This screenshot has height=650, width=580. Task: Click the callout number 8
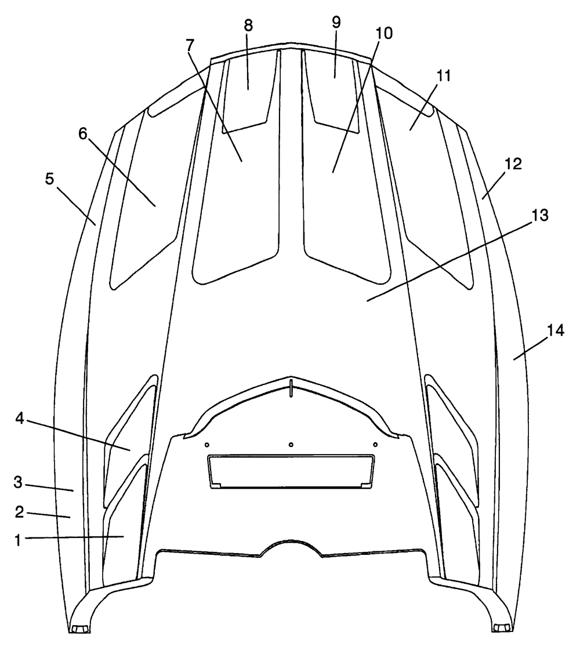(x=248, y=26)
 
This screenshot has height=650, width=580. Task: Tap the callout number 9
(x=336, y=23)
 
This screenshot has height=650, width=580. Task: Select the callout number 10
(x=384, y=33)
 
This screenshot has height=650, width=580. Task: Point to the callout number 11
(x=443, y=76)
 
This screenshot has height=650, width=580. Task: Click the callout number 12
(x=513, y=164)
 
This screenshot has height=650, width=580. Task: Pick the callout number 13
(x=539, y=216)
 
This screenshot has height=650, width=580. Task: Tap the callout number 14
(x=555, y=331)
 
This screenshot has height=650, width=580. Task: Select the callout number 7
(x=190, y=45)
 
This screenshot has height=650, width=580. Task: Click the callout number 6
(x=83, y=134)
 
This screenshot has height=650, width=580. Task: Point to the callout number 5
(x=50, y=180)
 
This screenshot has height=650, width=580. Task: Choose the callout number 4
(x=20, y=419)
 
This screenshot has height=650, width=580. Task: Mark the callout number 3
(x=18, y=482)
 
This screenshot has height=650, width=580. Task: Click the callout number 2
(x=19, y=512)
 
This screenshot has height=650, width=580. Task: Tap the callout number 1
(x=17, y=540)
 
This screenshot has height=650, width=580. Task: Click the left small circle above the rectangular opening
(x=207, y=445)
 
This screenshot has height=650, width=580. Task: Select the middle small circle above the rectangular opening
(x=291, y=445)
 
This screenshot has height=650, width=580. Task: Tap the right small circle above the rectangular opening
(x=375, y=445)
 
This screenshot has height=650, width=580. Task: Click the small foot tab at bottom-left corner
(x=79, y=630)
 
